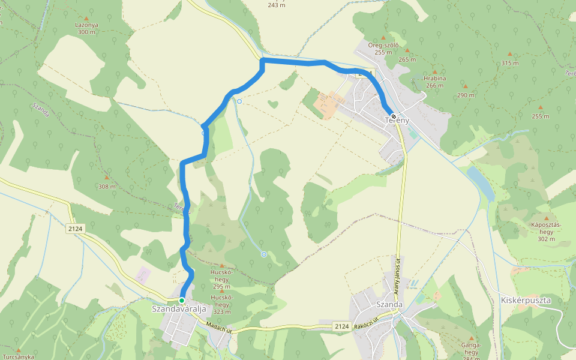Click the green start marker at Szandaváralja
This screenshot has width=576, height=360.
coord(182,301)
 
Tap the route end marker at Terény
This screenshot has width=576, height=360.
coord(393,116)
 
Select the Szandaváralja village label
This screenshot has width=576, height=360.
coord(179,309)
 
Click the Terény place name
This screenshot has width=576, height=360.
coord(397,121)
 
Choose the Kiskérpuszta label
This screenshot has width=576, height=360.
coord(525,299)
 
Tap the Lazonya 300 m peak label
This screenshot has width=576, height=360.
coord(86,28)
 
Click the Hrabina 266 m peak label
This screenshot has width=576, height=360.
coord(434,82)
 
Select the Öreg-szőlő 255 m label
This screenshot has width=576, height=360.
coord(383,48)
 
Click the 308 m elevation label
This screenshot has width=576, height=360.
coord(107,187)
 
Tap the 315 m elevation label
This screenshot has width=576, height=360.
coord(509,63)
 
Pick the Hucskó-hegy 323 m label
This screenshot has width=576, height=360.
coord(222,304)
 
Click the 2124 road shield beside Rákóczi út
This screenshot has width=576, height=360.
coord(341,326)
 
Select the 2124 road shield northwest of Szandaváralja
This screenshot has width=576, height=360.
coord(76,229)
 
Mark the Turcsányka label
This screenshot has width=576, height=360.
coord(18,356)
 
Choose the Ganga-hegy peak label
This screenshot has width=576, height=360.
coord(471,349)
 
